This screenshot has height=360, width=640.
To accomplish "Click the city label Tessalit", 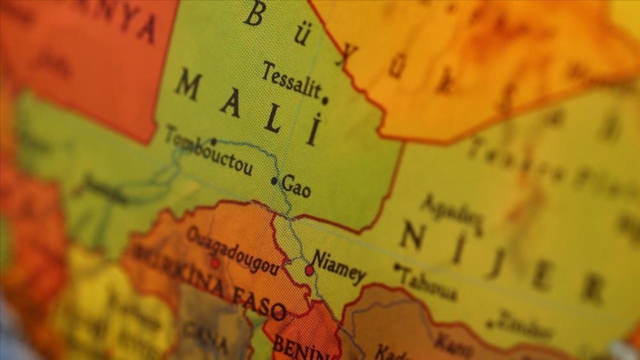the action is click(x=291, y=80).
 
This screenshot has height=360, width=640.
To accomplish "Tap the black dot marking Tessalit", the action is click(x=325, y=100).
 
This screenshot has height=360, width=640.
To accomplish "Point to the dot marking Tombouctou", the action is click(x=213, y=142).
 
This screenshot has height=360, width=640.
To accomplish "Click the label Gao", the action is click(x=296, y=185).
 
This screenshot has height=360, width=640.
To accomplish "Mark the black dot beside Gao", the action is click(x=274, y=181).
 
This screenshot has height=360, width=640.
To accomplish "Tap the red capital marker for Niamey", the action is click(x=309, y=270).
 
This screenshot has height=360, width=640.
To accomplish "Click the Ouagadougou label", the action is click(x=232, y=251).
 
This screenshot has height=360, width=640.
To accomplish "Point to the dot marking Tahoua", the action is click(x=397, y=267).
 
